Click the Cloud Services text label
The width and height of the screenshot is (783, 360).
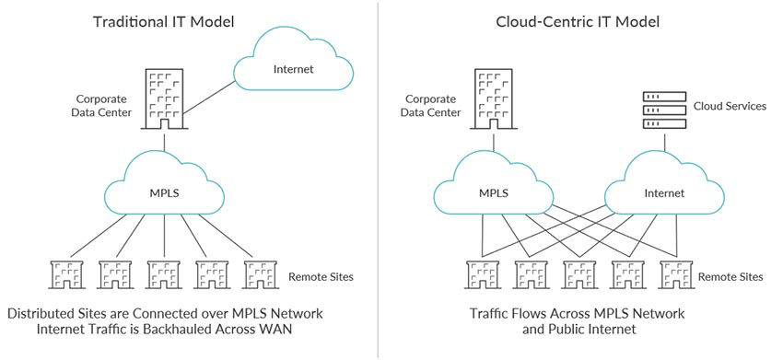pos(730,106)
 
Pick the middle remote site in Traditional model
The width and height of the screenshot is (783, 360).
pos(164,274)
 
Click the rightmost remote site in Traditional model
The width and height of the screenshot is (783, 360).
pos(260,274)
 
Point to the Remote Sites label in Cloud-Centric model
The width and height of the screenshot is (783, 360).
pos(731,275)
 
